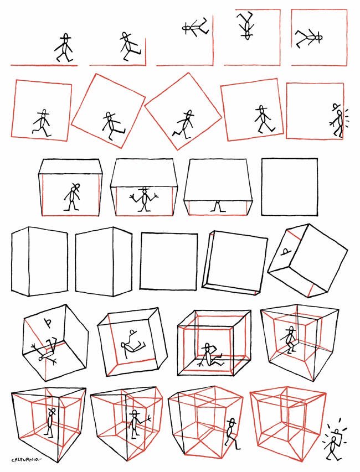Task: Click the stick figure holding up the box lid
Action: click(x=145, y=199)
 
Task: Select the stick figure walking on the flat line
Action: click(x=64, y=48)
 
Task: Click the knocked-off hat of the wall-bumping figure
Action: click(x=336, y=107)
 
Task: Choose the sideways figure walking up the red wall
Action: click(x=196, y=28)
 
